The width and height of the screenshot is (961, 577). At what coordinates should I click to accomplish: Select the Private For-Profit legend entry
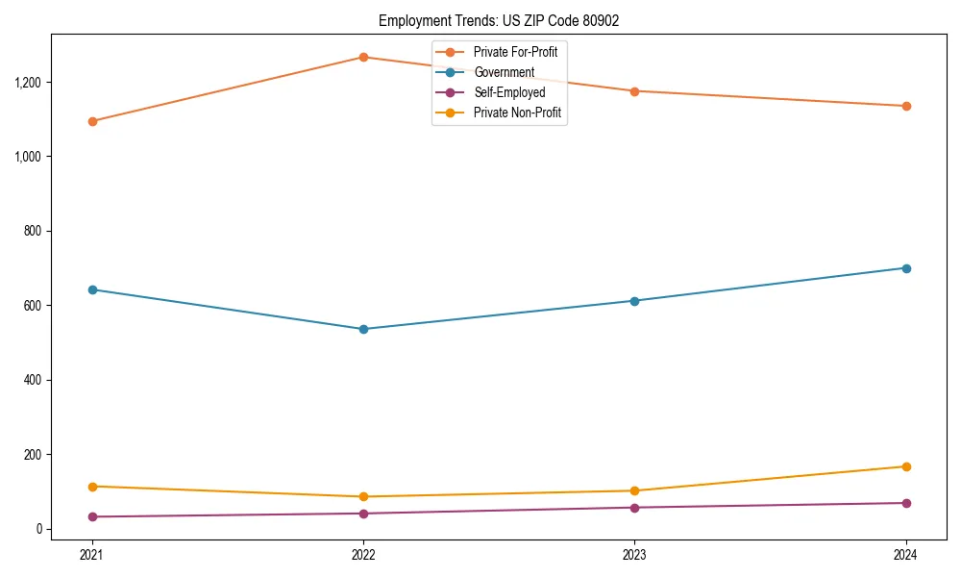tap(515, 52)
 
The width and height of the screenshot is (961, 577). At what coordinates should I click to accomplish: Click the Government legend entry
tap(504, 72)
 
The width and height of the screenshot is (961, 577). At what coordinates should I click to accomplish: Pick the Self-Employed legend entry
tap(509, 92)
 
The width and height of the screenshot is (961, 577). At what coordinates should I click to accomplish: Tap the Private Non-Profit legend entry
tap(517, 113)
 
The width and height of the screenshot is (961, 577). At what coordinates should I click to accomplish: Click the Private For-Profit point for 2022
tap(363, 57)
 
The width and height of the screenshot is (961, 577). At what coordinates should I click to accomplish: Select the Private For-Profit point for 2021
tap(92, 121)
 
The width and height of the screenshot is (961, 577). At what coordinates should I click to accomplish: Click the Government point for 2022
tap(363, 329)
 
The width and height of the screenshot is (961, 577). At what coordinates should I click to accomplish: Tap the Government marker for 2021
tap(92, 289)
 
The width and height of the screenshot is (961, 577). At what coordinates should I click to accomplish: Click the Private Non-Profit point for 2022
tap(363, 496)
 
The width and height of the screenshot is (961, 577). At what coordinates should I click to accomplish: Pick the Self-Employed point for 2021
tap(92, 516)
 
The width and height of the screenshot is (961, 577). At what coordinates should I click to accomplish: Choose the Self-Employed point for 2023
tap(634, 508)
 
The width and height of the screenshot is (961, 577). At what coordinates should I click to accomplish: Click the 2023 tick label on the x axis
tap(634, 555)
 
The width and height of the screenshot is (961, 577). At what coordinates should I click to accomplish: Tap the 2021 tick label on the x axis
tap(92, 555)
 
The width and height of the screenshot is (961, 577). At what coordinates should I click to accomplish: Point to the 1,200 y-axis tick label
tap(29, 82)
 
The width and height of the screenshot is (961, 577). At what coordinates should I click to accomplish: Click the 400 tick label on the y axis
tap(34, 380)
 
